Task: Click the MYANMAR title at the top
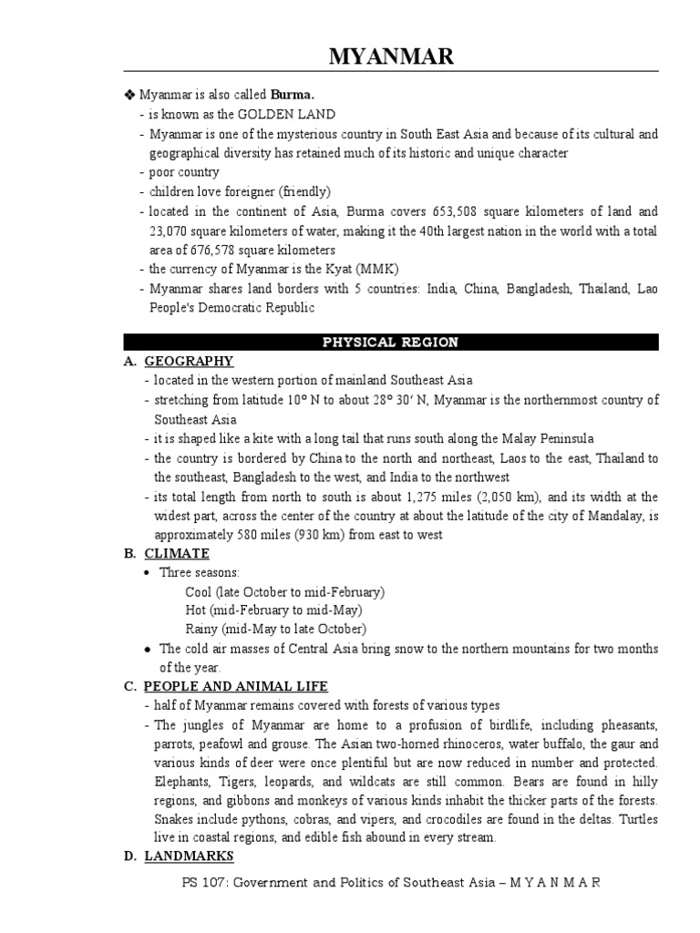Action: (x=390, y=58)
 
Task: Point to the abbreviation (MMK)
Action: (x=376, y=269)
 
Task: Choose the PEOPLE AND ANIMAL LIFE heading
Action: (x=236, y=686)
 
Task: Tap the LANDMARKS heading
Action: (x=190, y=856)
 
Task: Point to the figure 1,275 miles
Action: (x=458, y=497)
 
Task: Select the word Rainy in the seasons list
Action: (x=201, y=629)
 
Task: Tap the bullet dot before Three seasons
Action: (x=148, y=572)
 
